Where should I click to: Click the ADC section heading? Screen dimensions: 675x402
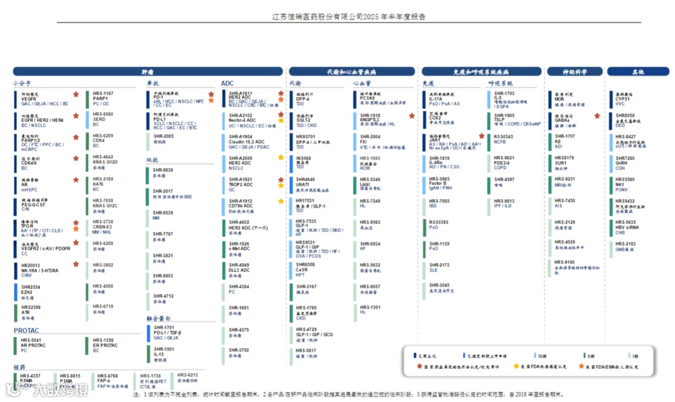point(227,84)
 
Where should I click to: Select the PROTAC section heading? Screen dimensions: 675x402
point(26,331)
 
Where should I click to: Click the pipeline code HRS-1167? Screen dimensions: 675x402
point(103,93)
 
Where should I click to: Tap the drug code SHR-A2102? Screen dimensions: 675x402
point(241,115)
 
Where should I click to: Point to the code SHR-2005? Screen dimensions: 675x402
point(163,136)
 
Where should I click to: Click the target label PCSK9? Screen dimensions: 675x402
point(367,98)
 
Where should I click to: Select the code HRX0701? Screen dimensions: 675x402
point(306,136)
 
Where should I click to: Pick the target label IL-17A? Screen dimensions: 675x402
point(436,98)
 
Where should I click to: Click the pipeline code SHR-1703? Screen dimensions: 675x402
point(504,93)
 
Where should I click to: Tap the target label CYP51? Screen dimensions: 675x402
point(622,98)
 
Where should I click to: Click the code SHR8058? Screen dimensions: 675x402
point(625,115)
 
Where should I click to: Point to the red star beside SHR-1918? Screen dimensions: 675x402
point(411,116)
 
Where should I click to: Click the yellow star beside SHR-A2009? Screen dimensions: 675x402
point(281,158)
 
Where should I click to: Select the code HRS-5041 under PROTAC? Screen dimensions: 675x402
point(31,340)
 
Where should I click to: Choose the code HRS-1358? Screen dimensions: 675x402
point(103,340)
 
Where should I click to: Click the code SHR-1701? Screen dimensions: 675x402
point(163,327)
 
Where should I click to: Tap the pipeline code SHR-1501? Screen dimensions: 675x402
point(163,349)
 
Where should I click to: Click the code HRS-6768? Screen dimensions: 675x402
point(107,376)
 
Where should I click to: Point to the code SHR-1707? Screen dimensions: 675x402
point(564,136)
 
